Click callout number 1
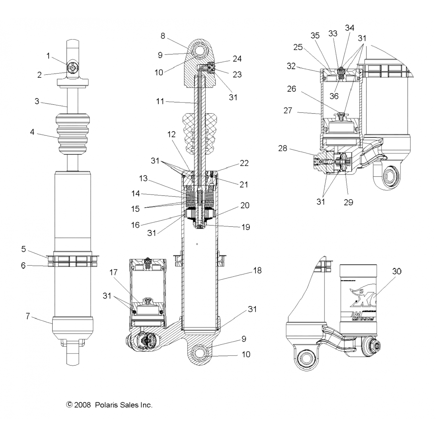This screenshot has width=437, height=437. click(48, 56)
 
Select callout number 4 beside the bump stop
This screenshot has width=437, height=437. click(32, 132)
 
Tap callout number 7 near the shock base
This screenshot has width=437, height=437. click(28, 316)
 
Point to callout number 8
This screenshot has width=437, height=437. click(163, 36)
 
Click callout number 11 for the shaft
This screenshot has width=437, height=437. click(160, 101)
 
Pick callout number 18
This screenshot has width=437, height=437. click(257, 270)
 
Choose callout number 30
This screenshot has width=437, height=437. click(397, 271)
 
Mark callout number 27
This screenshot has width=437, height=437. click(288, 110)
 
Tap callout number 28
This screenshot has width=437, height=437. click(283, 148)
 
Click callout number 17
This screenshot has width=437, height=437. click(113, 272)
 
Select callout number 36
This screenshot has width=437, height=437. click(334, 96)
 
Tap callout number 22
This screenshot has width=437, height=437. click(244, 163)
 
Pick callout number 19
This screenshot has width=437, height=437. click(246, 227)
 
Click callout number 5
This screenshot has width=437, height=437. click(23, 249)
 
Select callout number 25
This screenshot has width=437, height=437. click(298, 47)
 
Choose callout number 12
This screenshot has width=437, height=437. click(172, 134)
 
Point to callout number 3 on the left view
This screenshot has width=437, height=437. click(37, 101)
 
